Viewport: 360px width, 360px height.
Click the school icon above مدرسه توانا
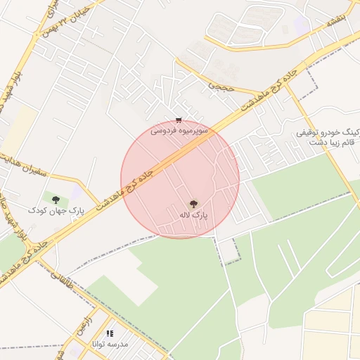pyautogui.click(x=109, y=333)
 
